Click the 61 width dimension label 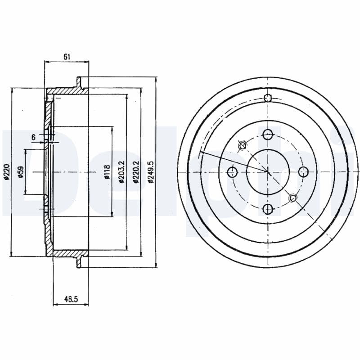[67, 57]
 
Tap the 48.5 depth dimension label [71, 299]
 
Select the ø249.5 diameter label [151, 172]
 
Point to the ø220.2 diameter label [136, 172]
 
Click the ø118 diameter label [107, 172]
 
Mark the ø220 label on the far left [7, 172]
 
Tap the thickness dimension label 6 [33, 137]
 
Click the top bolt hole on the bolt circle [268, 135]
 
